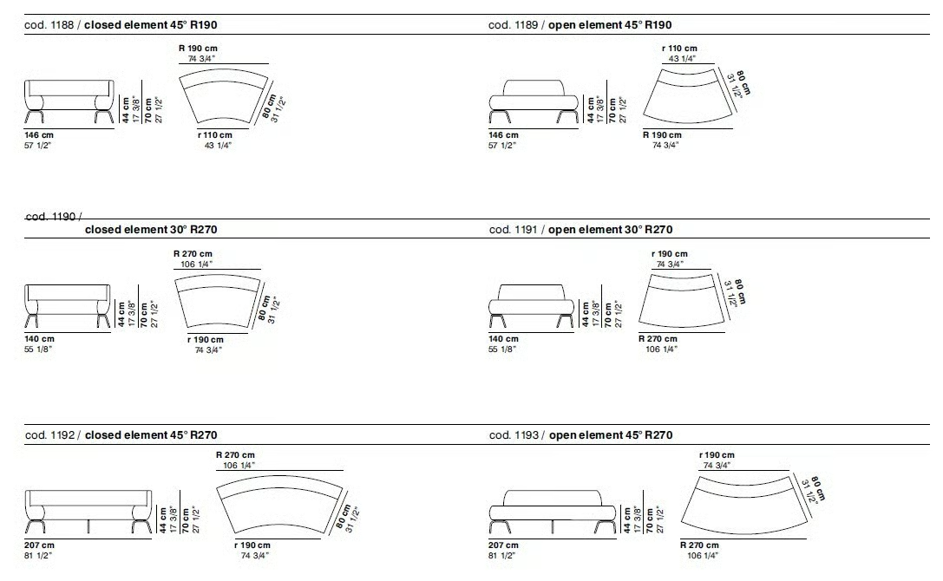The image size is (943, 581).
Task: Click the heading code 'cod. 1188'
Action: click(49, 24)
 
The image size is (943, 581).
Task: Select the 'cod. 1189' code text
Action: click(513, 24)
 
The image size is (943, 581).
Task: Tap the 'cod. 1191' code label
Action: click(513, 229)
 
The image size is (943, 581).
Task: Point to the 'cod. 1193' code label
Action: click(514, 434)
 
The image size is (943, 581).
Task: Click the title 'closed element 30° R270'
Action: click(151, 229)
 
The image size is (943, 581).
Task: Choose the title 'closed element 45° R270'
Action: click(151, 434)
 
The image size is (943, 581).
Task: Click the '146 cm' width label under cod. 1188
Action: click(39, 135)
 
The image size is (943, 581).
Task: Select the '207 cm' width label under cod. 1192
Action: click(39, 545)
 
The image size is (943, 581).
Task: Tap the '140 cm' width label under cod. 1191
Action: click(503, 338)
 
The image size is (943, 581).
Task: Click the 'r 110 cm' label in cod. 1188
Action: click(214, 135)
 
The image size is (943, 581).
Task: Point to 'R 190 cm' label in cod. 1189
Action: click(662, 135)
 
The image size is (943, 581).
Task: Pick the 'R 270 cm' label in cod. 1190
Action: click(193, 254)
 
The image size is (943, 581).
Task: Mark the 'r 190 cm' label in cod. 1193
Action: click(717, 455)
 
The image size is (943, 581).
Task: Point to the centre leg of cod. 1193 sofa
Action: click(552, 527)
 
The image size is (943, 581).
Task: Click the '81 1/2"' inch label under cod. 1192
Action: click(38, 556)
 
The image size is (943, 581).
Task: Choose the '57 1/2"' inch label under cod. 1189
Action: click(502, 146)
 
